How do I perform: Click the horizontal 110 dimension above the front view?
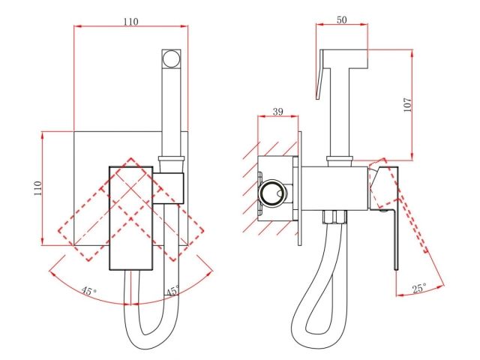[130, 22]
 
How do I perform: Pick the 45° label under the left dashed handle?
[89, 291]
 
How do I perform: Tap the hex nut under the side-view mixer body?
[333, 219]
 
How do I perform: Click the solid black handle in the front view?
[131, 217]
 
